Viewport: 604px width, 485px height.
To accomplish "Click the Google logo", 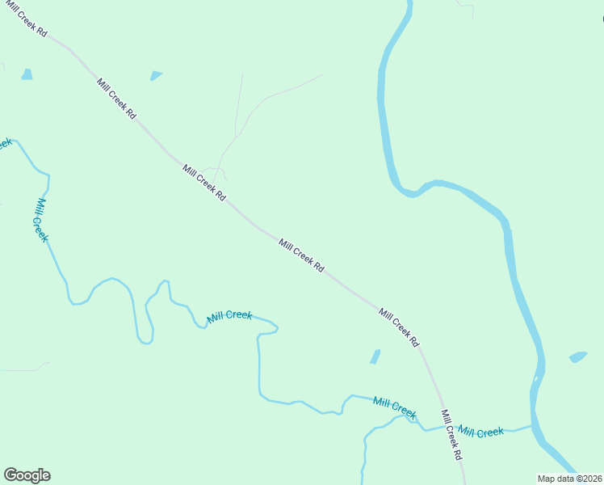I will click(x=27, y=475).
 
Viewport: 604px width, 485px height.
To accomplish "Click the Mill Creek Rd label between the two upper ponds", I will click(x=116, y=99).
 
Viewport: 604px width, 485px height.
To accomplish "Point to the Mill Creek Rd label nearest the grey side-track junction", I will click(x=203, y=183).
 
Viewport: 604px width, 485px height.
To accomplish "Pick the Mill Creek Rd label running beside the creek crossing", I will click(x=451, y=435).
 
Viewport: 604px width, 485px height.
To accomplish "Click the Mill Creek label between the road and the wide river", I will click(x=480, y=432).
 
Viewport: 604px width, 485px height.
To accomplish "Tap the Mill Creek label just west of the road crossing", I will click(x=395, y=407).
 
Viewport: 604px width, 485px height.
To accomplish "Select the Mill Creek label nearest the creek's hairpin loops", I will click(x=229, y=316).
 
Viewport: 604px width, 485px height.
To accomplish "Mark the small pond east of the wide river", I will click(x=577, y=356).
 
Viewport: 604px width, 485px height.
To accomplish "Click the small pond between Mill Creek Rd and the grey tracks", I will click(x=155, y=76).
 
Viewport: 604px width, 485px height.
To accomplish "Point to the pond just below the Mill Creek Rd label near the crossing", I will click(x=375, y=356).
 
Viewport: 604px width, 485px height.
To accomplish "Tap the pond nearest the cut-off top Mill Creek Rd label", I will click(x=27, y=74).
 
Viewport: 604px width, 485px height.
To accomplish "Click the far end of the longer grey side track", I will click(x=322, y=75).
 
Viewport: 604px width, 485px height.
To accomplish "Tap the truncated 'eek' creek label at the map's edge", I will click(x=4, y=144).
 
